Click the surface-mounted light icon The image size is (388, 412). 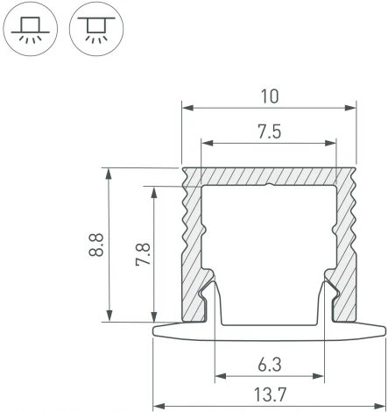[32, 28]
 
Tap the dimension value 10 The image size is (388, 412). [270, 95]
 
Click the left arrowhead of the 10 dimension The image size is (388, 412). [187, 109]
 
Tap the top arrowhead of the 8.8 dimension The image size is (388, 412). [109, 172]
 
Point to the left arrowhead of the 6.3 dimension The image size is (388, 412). [216, 378]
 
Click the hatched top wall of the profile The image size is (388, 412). [270, 175]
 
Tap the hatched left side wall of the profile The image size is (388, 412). [194, 237]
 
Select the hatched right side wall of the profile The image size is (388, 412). [347, 237]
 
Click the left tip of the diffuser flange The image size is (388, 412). [155, 330]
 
